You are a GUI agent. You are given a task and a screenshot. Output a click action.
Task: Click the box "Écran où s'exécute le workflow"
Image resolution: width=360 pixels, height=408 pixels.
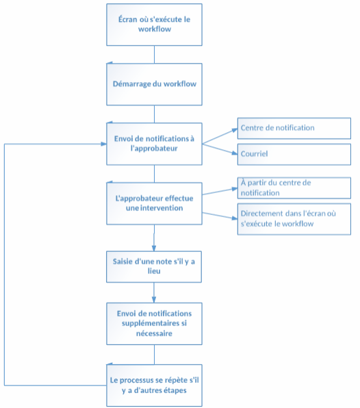pos(154,25)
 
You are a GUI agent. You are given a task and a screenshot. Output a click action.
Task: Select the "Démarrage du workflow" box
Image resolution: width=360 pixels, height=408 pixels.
pos(154,84)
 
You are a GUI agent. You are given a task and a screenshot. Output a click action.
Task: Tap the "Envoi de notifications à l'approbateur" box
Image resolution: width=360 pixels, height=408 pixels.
pos(154,143)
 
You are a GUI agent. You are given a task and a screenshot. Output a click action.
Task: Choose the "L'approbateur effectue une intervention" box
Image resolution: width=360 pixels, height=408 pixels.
pos(154,203)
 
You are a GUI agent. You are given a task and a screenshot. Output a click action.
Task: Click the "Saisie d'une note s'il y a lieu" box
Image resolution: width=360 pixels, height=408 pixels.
pos(154,262)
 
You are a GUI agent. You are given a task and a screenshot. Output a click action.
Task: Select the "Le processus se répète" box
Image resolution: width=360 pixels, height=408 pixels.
pos(154,385)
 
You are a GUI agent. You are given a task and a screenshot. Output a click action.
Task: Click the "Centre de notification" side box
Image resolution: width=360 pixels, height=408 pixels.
pos(294,128)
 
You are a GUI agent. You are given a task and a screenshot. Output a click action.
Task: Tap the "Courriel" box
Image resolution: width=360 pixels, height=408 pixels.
pos(294,154)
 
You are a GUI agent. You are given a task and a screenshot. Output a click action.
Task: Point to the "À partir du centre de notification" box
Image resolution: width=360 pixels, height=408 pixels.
pos(294,187)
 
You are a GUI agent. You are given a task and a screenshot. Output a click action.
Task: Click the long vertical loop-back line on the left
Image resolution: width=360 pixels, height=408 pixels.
pos(5,264)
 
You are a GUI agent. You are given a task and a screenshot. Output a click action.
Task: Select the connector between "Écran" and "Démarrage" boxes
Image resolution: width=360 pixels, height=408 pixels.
pos(154,54)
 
